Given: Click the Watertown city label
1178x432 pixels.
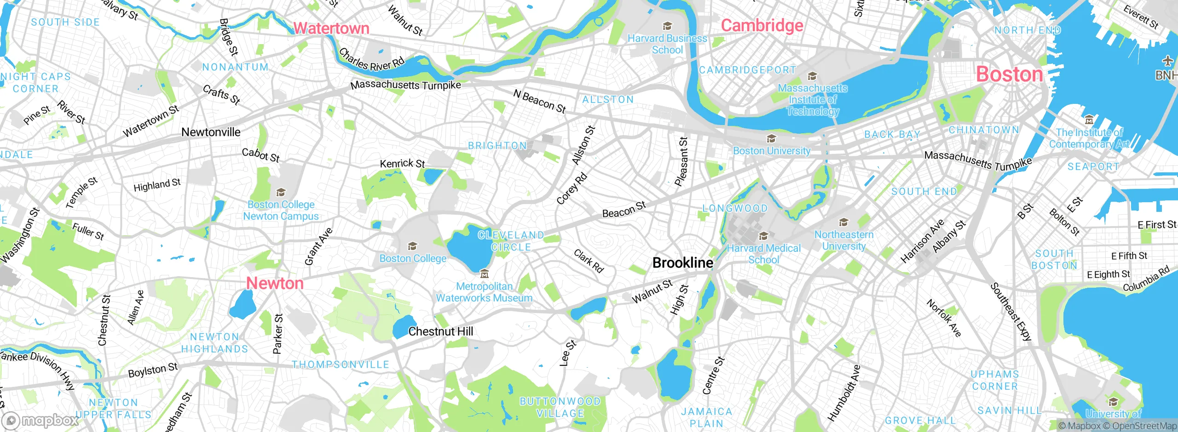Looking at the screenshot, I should pos(331,28).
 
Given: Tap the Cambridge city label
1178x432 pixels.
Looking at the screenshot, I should pos(762,25).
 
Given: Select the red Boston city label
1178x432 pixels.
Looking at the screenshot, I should pos(1009,74).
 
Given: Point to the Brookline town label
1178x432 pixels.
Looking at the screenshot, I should pos(683,263).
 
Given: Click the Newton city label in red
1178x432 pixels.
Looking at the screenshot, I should pos(275,283).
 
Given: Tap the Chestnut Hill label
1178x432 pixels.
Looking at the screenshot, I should pos(440,331).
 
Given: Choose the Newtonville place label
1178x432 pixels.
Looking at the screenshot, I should pos(211,132).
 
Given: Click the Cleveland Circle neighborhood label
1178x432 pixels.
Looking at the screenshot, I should pos(511,241).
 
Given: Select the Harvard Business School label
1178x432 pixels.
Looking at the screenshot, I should pos(667,44).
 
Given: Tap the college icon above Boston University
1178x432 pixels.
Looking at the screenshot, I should pos(771,139).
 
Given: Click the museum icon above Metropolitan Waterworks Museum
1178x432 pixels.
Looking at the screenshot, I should pos(484,274).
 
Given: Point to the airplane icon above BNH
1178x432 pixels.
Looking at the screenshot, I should pos(1167,61).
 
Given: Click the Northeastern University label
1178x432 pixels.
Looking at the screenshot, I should pos(844,240).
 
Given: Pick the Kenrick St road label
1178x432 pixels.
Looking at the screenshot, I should pos(402,163).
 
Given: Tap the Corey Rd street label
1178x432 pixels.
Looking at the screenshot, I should pos(572,188).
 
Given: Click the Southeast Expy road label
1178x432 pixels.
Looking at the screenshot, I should pos(1011,313).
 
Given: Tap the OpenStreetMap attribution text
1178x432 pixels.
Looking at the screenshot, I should pos(1144,426).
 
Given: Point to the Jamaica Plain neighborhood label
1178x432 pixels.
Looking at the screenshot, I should pos(706,417).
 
